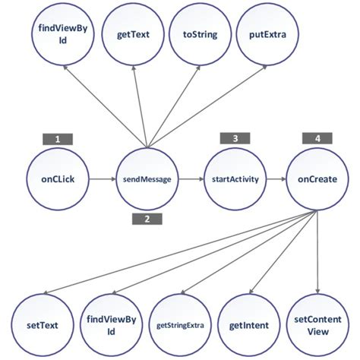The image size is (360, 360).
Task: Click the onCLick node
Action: (58, 181)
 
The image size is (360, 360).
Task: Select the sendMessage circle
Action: (145, 181)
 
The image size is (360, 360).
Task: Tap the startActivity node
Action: (233, 181)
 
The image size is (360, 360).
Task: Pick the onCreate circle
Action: (317, 181)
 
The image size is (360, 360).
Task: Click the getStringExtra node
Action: (178, 322)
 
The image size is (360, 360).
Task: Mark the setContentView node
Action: (317, 322)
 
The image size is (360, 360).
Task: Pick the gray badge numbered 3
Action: (235, 138)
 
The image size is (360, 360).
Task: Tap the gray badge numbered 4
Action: (317, 138)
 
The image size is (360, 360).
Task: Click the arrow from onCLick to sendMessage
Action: (102, 181)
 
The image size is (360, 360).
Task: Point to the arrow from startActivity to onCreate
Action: (275, 181)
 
